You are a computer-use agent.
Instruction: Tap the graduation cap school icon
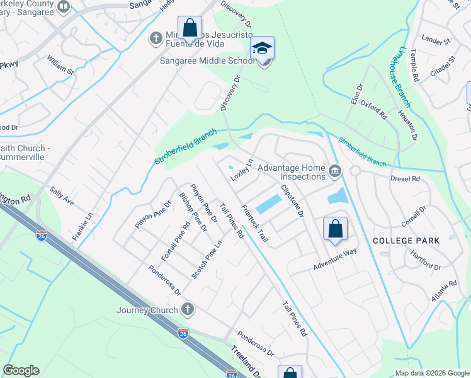[x=263, y=48]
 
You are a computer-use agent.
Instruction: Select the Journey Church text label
[x=147, y=309]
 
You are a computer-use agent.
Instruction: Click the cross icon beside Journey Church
[x=186, y=309]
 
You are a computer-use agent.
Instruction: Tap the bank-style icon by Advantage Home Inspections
[x=335, y=169]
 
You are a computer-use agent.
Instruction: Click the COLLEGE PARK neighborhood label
[x=406, y=241]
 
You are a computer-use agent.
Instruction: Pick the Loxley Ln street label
[x=242, y=169]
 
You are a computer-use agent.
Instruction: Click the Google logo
[x=21, y=370]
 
